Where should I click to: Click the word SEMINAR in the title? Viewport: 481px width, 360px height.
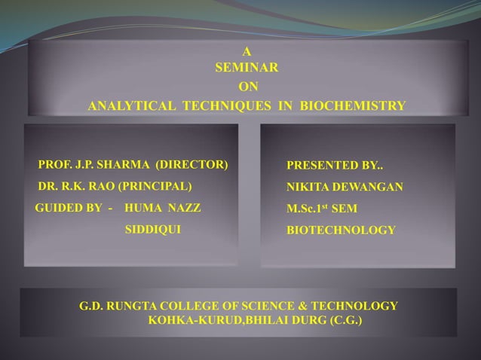[247, 69]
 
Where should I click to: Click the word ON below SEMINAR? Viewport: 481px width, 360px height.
[247, 87]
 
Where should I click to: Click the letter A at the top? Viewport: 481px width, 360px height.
[246, 52]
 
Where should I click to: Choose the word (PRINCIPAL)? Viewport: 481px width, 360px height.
[153, 185]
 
